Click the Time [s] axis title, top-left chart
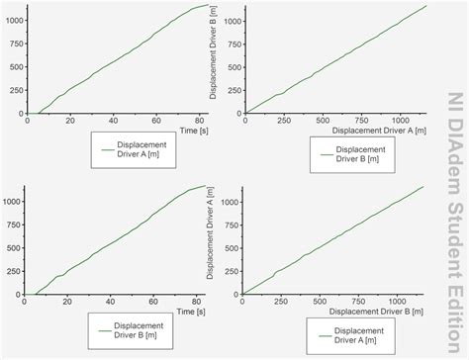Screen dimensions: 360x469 pyautogui.click(x=195, y=130)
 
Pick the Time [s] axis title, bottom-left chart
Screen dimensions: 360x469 pyautogui.click(x=195, y=310)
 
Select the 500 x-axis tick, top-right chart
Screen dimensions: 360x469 pyautogui.click(x=324, y=120)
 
